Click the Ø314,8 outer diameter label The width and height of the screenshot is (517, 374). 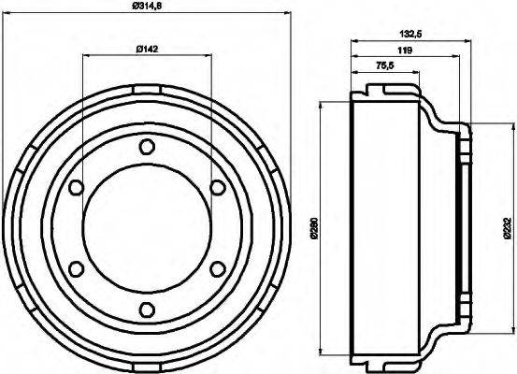[146, 8]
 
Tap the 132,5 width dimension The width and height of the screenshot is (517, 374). [409, 34]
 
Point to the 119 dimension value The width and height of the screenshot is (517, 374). [404, 50]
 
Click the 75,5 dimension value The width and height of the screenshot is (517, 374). [384, 65]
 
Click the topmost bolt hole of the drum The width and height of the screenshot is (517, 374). [145, 147]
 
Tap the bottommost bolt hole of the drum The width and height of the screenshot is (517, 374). [145, 310]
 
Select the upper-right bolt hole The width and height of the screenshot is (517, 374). [217, 188]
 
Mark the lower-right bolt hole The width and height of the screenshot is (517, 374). [217, 269]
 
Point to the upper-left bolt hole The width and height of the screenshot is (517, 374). [74, 188]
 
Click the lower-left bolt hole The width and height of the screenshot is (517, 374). [74, 269]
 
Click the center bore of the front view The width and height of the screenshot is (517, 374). [145, 229]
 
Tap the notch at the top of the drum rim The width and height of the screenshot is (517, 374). [145, 89]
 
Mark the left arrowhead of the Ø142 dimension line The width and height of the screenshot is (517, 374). [85, 56]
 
